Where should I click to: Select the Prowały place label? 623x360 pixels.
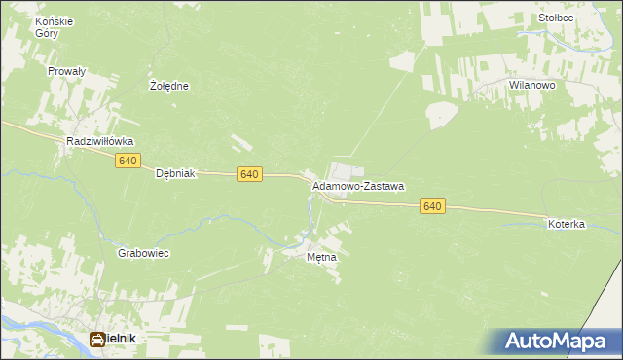67,71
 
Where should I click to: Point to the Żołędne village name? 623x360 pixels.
169,86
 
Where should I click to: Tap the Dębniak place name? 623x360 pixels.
177,173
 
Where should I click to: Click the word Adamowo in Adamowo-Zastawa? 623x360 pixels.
336,185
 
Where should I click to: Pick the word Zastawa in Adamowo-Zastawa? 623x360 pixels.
384,185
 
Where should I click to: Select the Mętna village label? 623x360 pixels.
321,258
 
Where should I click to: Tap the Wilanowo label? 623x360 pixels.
531,86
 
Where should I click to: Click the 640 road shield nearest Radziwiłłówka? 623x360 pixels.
127,161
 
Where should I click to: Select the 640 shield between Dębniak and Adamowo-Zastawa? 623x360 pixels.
248,174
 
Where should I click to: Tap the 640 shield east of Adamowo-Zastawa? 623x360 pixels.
433,206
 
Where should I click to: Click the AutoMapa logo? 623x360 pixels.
556,342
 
